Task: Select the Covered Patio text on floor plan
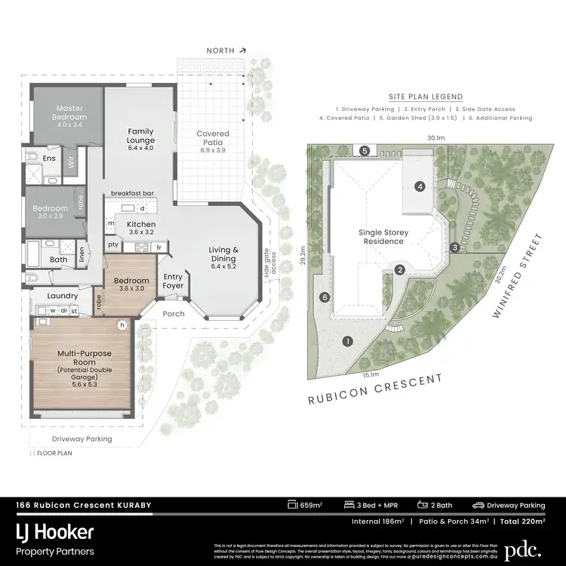(x=213, y=141)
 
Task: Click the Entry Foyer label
(x=173, y=281)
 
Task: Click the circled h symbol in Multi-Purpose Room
(x=121, y=325)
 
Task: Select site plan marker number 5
(x=365, y=151)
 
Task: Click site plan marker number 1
(x=348, y=342)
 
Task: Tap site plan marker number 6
(x=325, y=297)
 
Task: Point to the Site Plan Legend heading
(x=426, y=97)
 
